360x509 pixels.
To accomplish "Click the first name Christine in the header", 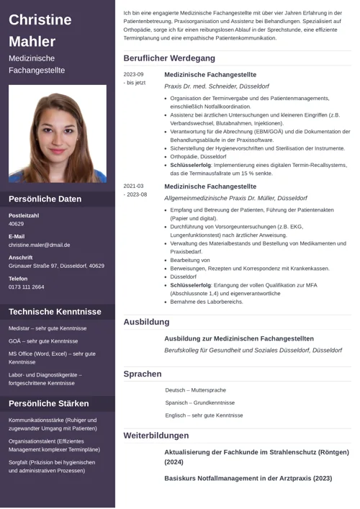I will (x=40, y=19).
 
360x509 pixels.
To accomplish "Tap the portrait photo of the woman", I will (x=58, y=133).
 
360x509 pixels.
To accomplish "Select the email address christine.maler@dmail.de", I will (x=40, y=245).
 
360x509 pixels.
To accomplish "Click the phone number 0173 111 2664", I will (x=27, y=287).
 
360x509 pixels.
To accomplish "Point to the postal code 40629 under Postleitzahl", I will (x=17, y=224).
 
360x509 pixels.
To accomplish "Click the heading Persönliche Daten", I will (x=45, y=199).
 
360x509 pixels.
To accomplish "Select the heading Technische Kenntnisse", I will (x=55, y=312).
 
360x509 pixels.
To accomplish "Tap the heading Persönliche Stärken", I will (x=49, y=403).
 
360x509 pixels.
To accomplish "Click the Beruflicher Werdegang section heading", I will (x=169, y=58).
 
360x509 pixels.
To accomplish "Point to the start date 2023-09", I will (x=133, y=74).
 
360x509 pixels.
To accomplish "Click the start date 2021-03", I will (x=133, y=186).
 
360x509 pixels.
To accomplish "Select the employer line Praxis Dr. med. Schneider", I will (x=217, y=86).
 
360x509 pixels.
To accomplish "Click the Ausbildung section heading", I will (x=146, y=322).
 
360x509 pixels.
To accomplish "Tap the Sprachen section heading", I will (x=143, y=374).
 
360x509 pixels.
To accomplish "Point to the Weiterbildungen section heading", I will (x=156, y=436).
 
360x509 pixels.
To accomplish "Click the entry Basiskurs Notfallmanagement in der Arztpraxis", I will (x=248, y=477).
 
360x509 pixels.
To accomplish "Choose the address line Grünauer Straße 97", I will (x=56, y=266).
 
